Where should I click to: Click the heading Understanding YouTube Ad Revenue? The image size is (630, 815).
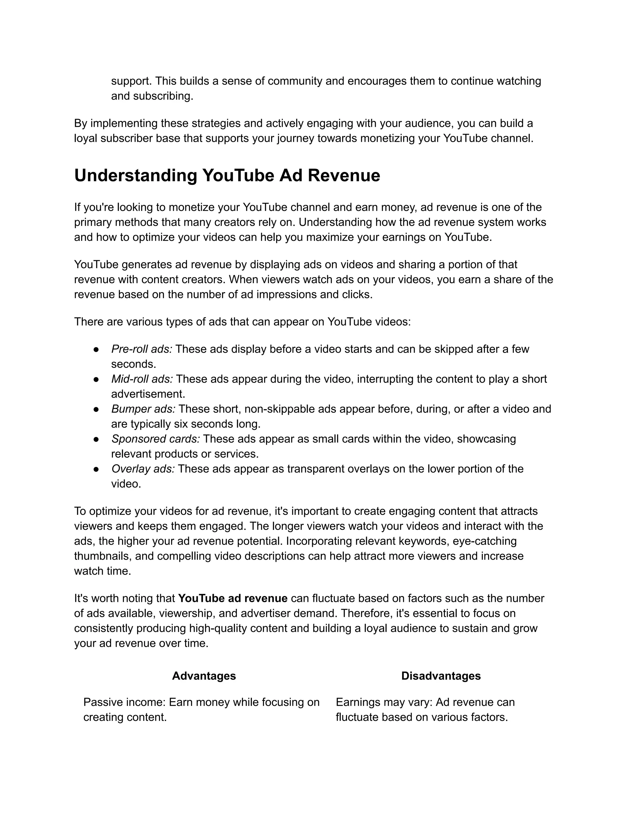(x=227, y=175)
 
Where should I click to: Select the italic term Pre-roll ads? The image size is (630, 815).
(x=142, y=349)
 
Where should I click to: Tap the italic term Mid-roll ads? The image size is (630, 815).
(x=142, y=379)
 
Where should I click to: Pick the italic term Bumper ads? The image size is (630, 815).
(x=143, y=409)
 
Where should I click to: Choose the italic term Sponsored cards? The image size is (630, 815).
(x=156, y=439)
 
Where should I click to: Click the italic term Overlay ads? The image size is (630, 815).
(x=143, y=469)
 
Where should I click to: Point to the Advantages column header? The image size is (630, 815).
(x=204, y=676)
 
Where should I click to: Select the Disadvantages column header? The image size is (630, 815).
(x=441, y=676)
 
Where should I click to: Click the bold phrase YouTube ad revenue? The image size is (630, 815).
(x=233, y=598)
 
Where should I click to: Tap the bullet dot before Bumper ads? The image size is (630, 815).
(x=96, y=409)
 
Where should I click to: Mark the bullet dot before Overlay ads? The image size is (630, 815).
(x=96, y=469)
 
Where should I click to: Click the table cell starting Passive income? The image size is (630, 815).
(x=201, y=710)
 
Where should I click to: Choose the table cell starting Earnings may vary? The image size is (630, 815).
(x=425, y=710)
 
